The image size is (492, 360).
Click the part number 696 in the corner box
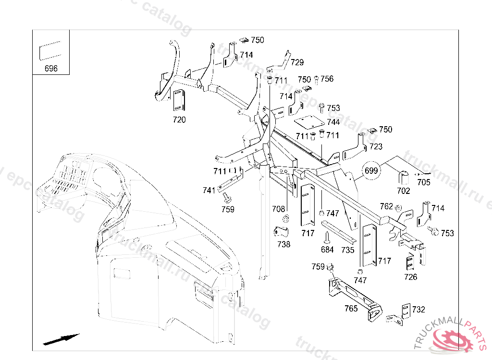pyautogui.click(x=51, y=68)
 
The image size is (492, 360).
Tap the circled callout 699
pyautogui.click(x=371, y=170)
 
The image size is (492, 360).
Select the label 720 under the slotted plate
pyautogui.click(x=179, y=120)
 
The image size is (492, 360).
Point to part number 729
pyautogui.click(x=297, y=62)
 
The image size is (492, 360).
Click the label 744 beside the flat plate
pyautogui.click(x=333, y=122)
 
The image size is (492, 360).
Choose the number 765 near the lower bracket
pyautogui.click(x=351, y=309)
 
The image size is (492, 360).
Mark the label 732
pyautogui.click(x=418, y=310)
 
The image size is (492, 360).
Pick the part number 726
pyautogui.click(x=411, y=277)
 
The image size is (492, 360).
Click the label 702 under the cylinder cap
pyautogui.click(x=404, y=191)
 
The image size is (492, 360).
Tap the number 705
pyautogui.click(x=424, y=182)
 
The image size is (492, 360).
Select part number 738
pyautogui.click(x=284, y=244)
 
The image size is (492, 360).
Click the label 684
pyautogui.click(x=327, y=250)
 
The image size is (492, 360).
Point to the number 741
pyautogui.click(x=209, y=191)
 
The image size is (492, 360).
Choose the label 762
pyautogui.click(x=386, y=206)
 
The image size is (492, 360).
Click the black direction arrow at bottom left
pyautogui.click(x=61, y=339)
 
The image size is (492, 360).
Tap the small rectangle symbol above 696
pyautogui.click(x=50, y=51)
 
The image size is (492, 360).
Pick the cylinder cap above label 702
pyautogui.click(x=404, y=177)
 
